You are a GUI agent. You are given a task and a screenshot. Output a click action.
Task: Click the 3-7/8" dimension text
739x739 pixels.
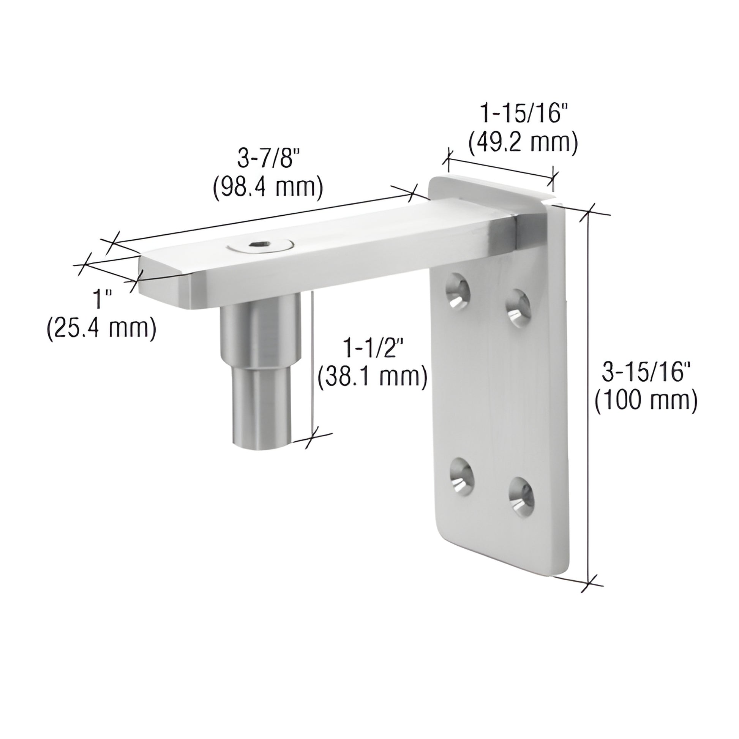point(267,159)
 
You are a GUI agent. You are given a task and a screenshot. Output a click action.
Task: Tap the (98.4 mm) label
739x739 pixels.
point(268,188)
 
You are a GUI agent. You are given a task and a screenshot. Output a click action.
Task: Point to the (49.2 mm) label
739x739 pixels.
point(523,143)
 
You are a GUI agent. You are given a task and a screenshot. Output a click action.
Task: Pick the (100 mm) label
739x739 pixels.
point(646,402)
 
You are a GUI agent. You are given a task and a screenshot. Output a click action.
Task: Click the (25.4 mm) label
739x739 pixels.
point(101,328)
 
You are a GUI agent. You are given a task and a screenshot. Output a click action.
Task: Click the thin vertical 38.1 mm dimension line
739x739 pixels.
point(313,363)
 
